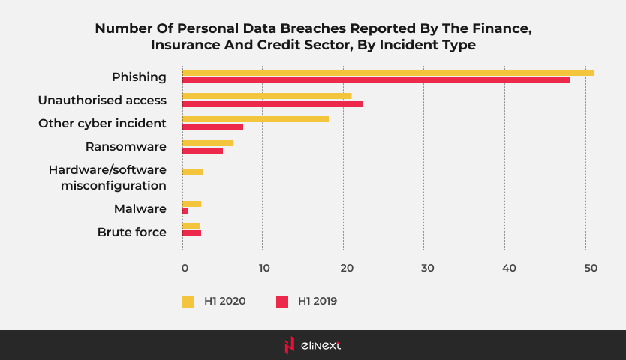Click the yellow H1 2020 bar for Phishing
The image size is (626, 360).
[387, 73]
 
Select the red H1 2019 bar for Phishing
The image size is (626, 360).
[375, 80]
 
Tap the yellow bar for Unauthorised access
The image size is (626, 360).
[266, 96]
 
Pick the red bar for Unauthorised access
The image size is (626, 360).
[272, 103]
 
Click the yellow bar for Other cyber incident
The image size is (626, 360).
[255, 119]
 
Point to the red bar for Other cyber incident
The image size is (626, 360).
[212, 127]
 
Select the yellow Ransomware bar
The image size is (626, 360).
[208, 143]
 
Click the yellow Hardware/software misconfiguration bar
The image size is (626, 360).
[192, 172]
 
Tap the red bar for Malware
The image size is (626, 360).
[185, 211]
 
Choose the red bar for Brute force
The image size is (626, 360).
[191, 233]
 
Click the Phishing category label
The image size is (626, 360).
[139, 76]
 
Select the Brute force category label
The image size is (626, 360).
[132, 232]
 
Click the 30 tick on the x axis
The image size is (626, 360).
[427, 268]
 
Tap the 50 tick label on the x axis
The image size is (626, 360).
[590, 268]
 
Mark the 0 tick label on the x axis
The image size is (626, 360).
[184, 268]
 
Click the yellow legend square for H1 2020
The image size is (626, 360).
[188, 301]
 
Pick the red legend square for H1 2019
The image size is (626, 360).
[282, 301]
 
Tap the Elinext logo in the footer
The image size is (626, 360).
[312, 345]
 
